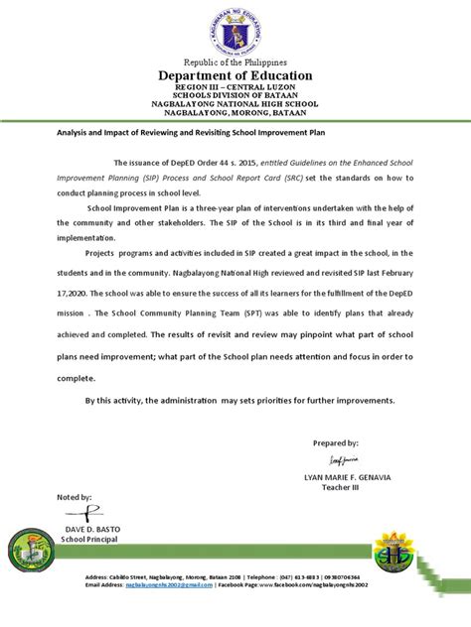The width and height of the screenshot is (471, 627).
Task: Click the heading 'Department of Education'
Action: (235, 75)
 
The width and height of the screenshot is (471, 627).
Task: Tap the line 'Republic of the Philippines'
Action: (235, 62)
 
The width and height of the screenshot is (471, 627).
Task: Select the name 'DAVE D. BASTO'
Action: (90, 529)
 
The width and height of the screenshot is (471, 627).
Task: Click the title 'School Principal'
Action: (90, 540)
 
